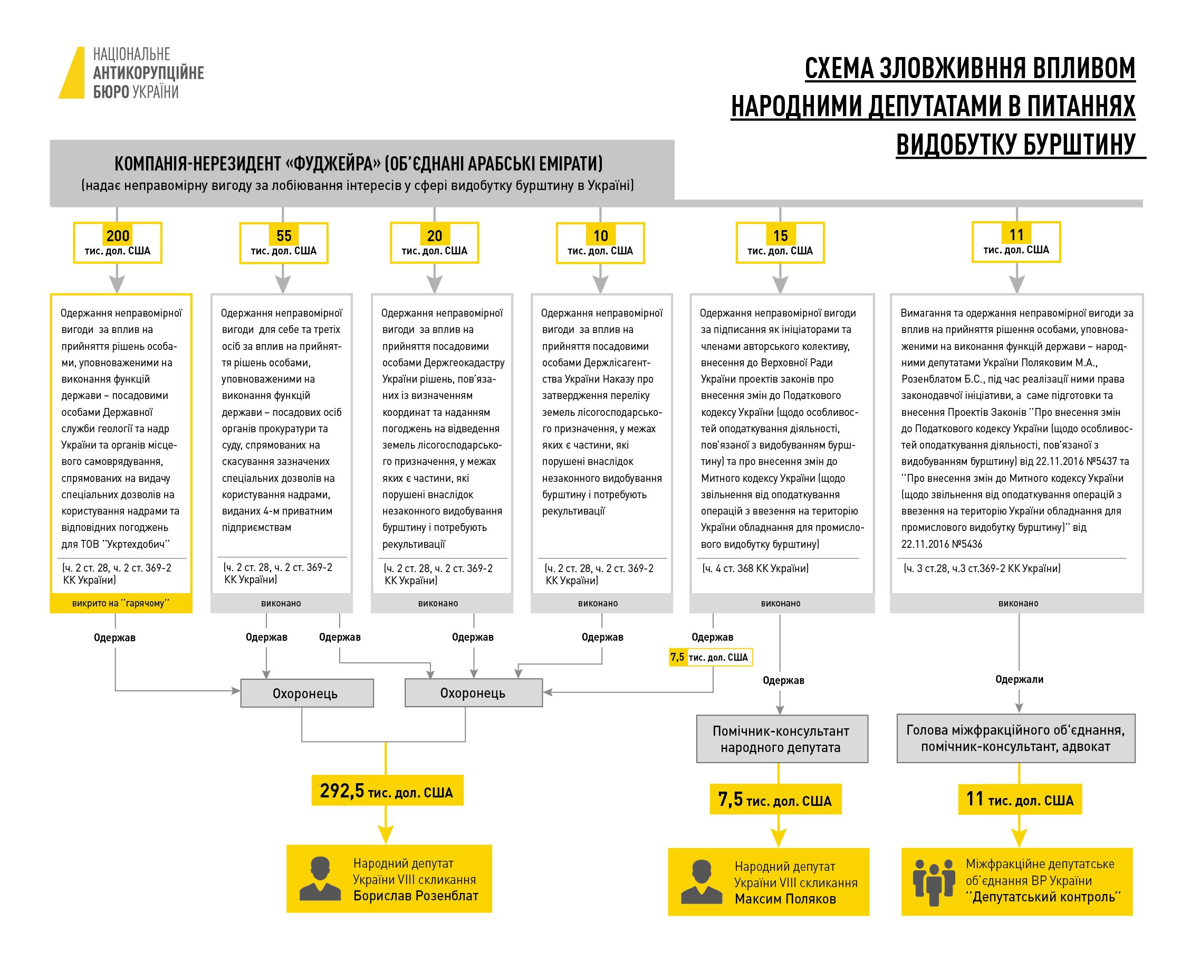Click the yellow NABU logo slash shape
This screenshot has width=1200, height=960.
pyautogui.click(x=73, y=73)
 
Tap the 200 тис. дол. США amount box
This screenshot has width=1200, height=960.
pyautogui.click(x=118, y=243)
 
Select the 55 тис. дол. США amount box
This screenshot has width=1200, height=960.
pyautogui.click(x=283, y=243)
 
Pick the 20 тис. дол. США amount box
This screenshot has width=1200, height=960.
pyautogui.click(x=434, y=243)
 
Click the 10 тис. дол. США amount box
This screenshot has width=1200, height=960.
pyautogui.click(x=600, y=243)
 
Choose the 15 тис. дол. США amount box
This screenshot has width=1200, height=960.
pyautogui.click(x=780, y=243)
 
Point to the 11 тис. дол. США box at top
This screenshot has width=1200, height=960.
pyautogui.click(x=1016, y=242)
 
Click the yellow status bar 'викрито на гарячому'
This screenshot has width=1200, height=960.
pyautogui.click(x=121, y=603)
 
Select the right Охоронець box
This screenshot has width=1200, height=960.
pyautogui.click(x=473, y=693)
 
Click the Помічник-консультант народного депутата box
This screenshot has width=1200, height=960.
pyautogui.click(x=781, y=739)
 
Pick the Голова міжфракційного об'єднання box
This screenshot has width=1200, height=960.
pyautogui.click(x=1015, y=738)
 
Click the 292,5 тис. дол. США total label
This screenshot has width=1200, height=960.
pyautogui.click(x=387, y=791)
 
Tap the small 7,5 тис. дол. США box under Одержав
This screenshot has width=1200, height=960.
pyautogui.click(x=710, y=657)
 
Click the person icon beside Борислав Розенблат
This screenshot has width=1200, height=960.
pyautogui.click(x=320, y=878)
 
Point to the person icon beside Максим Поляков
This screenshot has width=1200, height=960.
pyautogui.click(x=702, y=881)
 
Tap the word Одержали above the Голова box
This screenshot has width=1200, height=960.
pyautogui.click(x=1019, y=679)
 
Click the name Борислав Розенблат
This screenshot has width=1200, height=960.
pyautogui.click(x=416, y=896)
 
